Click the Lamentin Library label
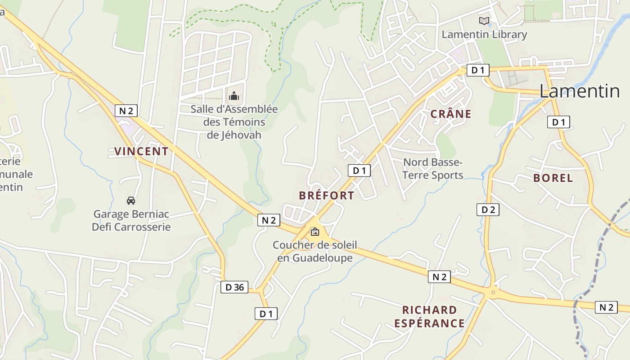484,35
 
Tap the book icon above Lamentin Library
484,21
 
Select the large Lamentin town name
580,91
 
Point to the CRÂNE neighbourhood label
451,114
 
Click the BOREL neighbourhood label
553,178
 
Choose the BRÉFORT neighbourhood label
326,195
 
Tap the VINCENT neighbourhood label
141,151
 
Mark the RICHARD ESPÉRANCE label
429,316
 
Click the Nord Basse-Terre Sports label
432,168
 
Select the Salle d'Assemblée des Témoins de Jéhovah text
234,122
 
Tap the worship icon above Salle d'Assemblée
234,96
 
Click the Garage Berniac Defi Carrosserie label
131,220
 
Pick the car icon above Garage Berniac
131,200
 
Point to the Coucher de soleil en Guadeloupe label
315,252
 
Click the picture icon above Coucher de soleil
315,232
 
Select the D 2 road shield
488,209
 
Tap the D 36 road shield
234,287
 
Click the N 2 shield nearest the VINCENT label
126,111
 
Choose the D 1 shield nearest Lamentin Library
477,70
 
